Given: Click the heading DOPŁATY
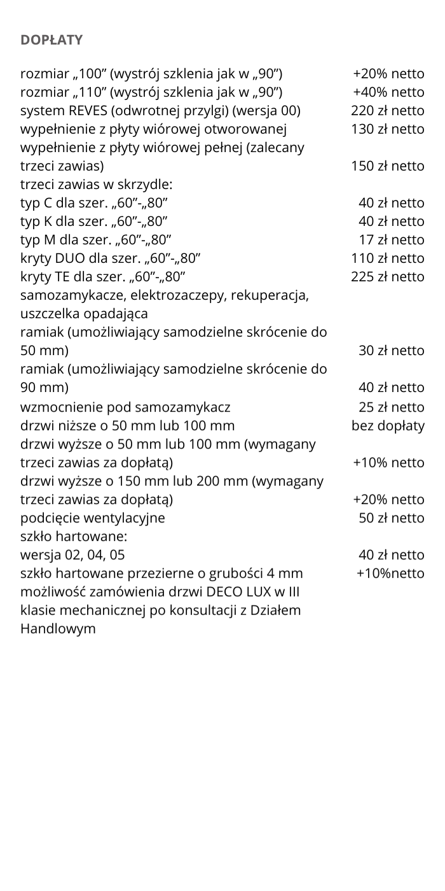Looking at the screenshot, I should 51,40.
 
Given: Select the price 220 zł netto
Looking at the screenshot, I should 387,111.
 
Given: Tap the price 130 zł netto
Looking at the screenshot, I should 387,129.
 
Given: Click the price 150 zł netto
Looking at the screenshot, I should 387,166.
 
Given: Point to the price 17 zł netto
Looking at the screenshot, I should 392,240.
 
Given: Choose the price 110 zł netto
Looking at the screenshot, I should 387,258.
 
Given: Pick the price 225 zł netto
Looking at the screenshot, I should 387,277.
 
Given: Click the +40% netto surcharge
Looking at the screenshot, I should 388,92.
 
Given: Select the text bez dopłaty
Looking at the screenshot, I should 388,426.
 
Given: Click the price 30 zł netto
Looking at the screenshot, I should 392,351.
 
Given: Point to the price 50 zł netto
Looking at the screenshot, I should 392,518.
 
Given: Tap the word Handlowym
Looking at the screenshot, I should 58,629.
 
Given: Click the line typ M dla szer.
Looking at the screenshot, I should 95,240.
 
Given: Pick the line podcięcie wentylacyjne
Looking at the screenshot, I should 93,518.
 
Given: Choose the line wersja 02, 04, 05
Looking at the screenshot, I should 78,555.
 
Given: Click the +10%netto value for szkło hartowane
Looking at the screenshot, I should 390,573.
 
